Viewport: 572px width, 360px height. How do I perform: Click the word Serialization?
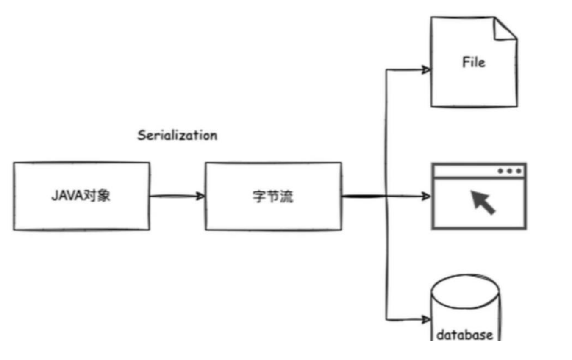tap(177, 136)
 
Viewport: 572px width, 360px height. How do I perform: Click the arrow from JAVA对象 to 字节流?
tap(176, 196)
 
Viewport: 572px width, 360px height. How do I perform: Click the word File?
tap(473, 63)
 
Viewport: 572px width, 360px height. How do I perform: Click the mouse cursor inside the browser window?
tap(483, 202)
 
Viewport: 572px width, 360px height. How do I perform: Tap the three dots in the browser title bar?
tap(510, 171)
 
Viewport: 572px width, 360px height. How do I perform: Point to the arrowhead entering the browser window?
tap(426, 196)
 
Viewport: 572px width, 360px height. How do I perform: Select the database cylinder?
tap(465, 313)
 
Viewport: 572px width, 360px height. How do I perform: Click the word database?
tap(465, 335)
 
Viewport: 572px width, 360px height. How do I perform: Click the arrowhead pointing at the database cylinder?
tap(426, 318)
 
